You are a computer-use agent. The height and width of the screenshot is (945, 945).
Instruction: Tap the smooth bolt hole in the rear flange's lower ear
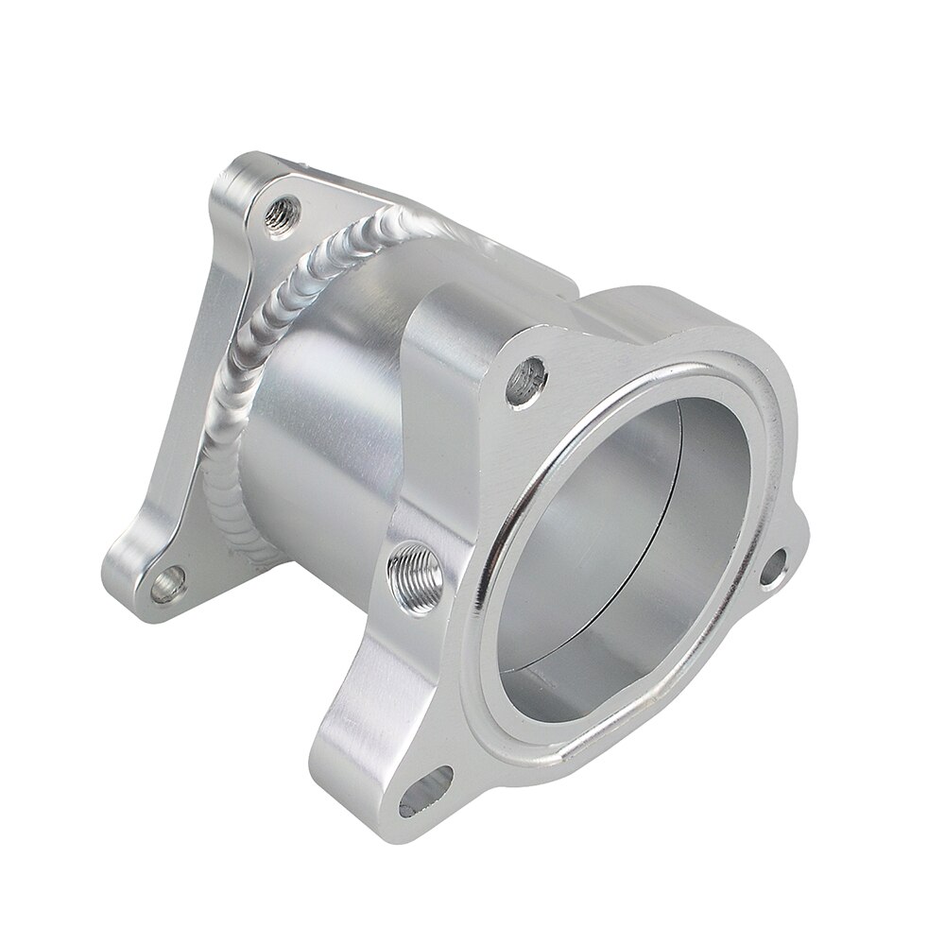pyautogui.click(x=167, y=584)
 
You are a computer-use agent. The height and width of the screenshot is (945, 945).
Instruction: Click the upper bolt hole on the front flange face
pyautogui.click(x=526, y=380)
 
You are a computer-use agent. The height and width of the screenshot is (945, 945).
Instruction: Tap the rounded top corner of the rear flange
pyautogui.click(x=241, y=165)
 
